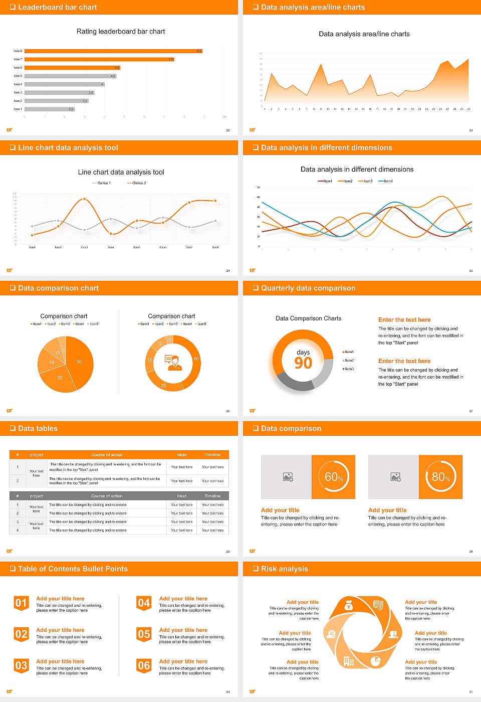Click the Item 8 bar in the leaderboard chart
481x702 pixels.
[x=113, y=51]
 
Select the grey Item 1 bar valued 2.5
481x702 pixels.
[x=49, y=109]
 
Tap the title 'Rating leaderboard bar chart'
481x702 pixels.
[x=121, y=32]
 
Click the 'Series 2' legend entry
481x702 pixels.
[x=136, y=183]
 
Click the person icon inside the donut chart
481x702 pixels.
[x=173, y=362]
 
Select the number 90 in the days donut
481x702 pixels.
[x=303, y=363]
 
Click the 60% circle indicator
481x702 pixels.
[x=334, y=477]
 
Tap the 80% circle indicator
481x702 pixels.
[x=441, y=477]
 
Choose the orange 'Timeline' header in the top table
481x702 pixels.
[x=212, y=455]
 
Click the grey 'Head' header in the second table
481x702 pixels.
[x=182, y=496]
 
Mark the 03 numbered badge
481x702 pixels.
[x=21, y=666]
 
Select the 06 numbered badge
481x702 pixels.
[x=144, y=666]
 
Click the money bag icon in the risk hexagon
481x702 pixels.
[x=349, y=606]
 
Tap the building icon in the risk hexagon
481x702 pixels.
[x=349, y=661]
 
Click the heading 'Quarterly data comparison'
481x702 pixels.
[x=308, y=288]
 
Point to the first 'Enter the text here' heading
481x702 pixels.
[x=404, y=320]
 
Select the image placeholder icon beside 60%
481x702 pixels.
[x=288, y=477]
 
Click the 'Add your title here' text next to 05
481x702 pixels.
[x=183, y=630]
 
